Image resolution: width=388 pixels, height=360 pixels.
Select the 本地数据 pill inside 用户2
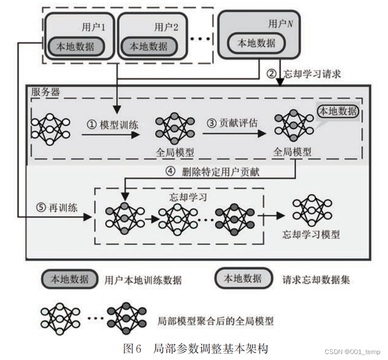[x=148, y=46]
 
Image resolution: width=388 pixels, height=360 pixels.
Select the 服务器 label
[x=45, y=92]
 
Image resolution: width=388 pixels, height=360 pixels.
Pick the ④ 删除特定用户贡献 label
[x=213, y=172]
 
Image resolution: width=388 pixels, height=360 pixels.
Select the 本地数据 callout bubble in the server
[x=338, y=111]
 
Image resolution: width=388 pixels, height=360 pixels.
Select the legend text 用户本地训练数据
[x=143, y=280]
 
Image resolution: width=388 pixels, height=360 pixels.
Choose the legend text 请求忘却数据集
[x=316, y=280]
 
